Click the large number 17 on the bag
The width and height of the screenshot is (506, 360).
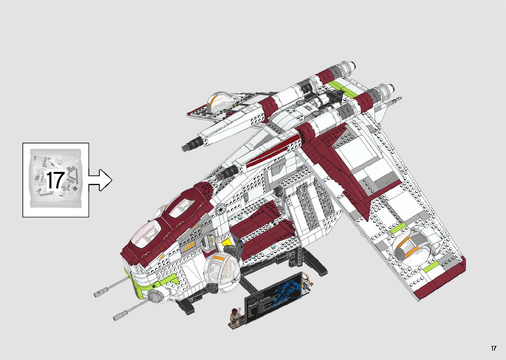pos(55,180)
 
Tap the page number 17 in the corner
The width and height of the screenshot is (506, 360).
pos(493,348)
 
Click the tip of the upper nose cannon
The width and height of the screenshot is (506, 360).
pos(97,294)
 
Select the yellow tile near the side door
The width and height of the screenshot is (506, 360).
pos(227,242)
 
